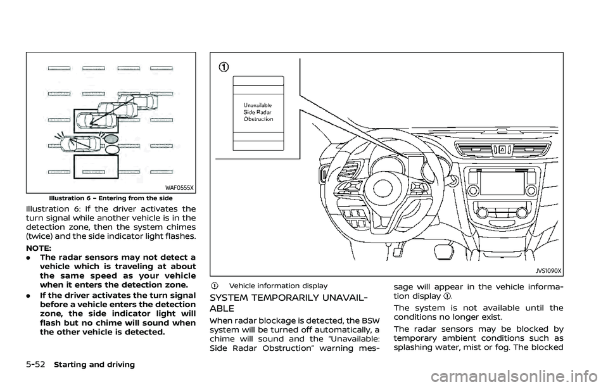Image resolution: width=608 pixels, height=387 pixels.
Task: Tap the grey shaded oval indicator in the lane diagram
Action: coord(110,137)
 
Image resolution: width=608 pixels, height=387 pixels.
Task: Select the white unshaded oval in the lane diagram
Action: coord(111,149)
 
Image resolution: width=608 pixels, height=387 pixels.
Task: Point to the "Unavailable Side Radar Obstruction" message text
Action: coord(258,110)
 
